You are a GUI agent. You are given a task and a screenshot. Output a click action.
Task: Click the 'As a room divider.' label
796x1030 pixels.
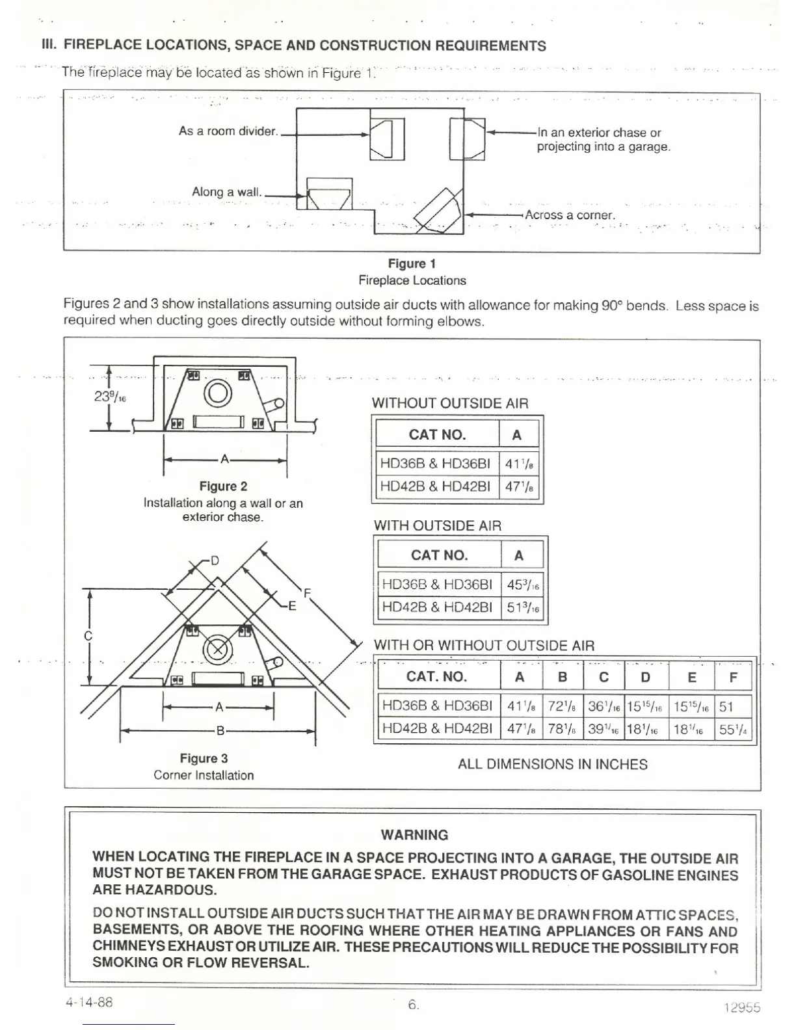coord(228,131)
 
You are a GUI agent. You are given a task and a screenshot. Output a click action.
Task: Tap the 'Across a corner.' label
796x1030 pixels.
coord(570,215)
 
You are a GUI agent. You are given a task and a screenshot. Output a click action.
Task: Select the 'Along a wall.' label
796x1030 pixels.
coord(227,192)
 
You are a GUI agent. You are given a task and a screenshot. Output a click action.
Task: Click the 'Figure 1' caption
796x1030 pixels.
coord(412,263)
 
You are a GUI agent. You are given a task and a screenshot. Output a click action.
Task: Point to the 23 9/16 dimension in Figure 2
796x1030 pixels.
coord(109,395)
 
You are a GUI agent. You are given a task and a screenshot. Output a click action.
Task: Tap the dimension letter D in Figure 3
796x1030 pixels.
coord(215,560)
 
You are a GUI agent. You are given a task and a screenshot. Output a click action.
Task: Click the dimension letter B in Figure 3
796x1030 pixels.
coord(220,731)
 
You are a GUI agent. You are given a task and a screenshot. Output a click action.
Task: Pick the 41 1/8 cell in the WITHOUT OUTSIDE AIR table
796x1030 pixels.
coord(520,464)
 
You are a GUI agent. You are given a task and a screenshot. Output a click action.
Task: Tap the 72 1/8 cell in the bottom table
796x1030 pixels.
coord(562,706)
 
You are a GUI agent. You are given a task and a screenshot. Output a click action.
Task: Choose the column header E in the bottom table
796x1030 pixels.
coord(691,677)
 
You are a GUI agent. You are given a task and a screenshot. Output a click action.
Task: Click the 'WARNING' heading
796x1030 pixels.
coord(414,835)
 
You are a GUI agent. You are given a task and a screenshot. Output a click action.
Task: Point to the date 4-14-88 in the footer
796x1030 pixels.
coord(89,1002)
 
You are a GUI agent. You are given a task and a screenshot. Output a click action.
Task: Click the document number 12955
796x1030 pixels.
coord(741,1007)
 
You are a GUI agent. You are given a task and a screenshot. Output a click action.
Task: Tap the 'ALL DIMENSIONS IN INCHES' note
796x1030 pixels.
coord(552,764)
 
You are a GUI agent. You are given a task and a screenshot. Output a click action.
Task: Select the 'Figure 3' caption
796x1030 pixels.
coord(204,758)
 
